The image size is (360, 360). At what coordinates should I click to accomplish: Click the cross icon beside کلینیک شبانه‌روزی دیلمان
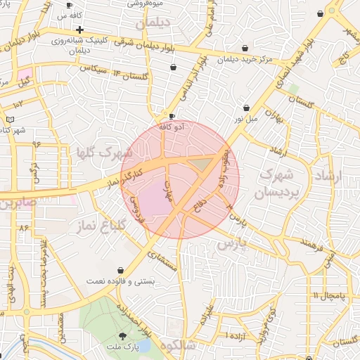[x=80, y=30]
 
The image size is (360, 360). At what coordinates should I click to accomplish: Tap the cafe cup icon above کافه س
[x=69, y=5]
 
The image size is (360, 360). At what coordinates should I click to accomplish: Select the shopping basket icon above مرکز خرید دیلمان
[x=245, y=49]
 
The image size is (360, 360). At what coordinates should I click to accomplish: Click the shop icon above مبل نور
[x=246, y=108]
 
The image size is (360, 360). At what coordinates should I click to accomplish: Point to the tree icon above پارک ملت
[x=124, y=336]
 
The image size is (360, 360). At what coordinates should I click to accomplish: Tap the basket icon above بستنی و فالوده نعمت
[x=121, y=270]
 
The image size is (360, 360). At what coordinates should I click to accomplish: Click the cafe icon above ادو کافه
[x=172, y=117]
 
